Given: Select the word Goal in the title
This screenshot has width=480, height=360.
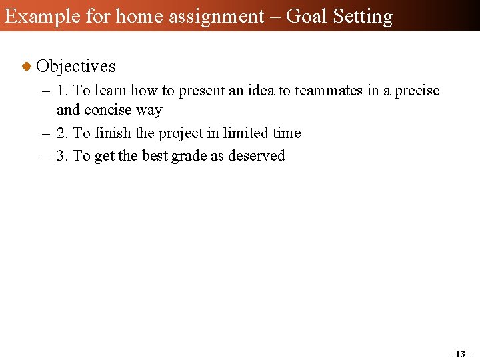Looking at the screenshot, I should (x=307, y=16).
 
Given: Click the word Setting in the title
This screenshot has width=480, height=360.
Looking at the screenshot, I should (x=363, y=16).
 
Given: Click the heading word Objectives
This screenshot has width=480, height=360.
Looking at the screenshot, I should (x=76, y=66).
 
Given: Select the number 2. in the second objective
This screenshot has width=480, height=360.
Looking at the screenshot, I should (x=63, y=133).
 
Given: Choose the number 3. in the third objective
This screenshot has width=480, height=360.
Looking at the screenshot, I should (x=63, y=155).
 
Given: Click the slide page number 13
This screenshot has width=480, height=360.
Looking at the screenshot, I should (x=460, y=353).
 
